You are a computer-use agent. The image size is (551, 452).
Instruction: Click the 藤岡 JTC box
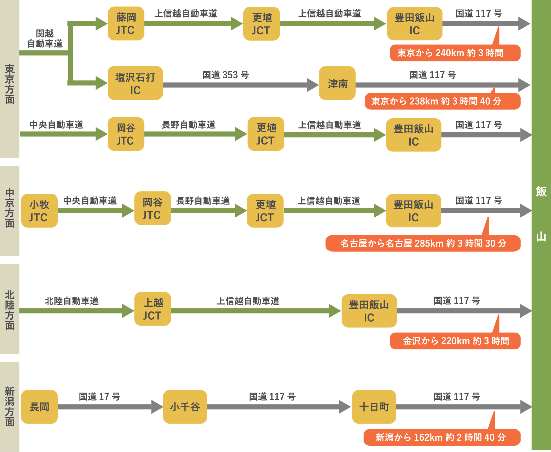click(x=126, y=24)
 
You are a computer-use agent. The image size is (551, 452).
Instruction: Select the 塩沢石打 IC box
click(x=135, y=83)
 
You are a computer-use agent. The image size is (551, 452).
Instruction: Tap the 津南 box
click(x=337, y=83)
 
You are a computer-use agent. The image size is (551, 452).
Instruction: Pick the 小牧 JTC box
click(x=39, y=211)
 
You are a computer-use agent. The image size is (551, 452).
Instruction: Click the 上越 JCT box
click(x=152, y=309)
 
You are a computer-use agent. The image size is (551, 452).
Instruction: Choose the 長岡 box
click(x=39, y=407)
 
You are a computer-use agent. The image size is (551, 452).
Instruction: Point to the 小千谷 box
click(x=185, y=407)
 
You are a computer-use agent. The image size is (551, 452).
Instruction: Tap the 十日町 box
click(x=374, y=407)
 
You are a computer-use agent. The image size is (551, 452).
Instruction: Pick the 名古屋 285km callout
click(x=423, y=243)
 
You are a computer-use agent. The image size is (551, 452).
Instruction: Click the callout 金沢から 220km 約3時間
click(x=455, y=341)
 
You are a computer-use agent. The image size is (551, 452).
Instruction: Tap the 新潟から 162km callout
click(x=442, y=437)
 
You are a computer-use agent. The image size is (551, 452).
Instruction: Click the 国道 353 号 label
click(x=225, y=75)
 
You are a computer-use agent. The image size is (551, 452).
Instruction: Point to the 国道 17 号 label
click(x=99, y=397)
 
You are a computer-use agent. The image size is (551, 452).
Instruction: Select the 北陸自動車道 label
click(x=72, y=301)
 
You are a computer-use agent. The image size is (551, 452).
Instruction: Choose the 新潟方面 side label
click(x=10, y=407)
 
